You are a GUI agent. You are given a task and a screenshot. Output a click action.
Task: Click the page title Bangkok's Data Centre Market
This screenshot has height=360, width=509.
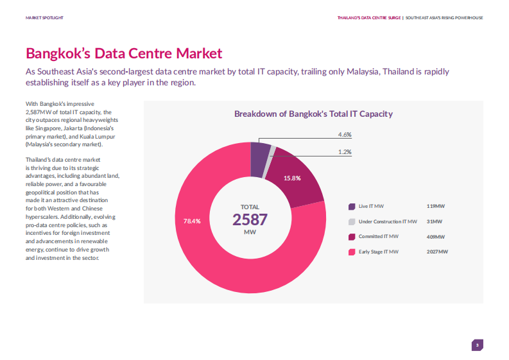(124, 53)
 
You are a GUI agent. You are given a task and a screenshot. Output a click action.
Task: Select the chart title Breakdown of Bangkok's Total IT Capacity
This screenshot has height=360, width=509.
(313, 114)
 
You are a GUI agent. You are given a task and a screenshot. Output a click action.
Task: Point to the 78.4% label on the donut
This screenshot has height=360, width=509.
(192, 221)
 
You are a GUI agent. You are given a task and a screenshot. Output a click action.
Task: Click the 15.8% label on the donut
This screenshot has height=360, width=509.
(292, 178)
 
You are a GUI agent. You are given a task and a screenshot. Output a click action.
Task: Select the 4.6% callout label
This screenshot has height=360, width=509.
(345, 135)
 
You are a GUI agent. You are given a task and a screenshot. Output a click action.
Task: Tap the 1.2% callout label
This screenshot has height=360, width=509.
(345, 151)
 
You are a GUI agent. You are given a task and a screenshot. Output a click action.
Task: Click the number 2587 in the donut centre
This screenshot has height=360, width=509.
(250, 219)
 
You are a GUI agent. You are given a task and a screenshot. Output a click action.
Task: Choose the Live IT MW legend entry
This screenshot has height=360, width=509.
(371, 206)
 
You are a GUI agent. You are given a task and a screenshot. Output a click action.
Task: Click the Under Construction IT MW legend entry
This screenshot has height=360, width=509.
(387, 221)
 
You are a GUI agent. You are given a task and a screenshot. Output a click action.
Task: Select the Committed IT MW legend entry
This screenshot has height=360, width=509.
(377, 237)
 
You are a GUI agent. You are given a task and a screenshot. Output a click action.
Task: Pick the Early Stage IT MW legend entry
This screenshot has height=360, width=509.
(378, 252)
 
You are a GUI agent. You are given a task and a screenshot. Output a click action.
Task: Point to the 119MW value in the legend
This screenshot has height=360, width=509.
(435, 206)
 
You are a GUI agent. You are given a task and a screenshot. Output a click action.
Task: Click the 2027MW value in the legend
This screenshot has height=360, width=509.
(436, 252)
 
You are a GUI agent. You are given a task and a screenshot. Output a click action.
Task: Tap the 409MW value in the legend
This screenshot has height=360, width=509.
(435, 237)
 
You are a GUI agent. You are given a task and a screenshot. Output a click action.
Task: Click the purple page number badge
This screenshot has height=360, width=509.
(477, 345)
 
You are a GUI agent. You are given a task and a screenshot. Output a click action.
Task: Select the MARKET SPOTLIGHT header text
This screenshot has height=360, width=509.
(44, 17)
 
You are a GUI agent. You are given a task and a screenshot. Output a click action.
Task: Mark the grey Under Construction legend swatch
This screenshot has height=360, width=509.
(352, 221)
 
